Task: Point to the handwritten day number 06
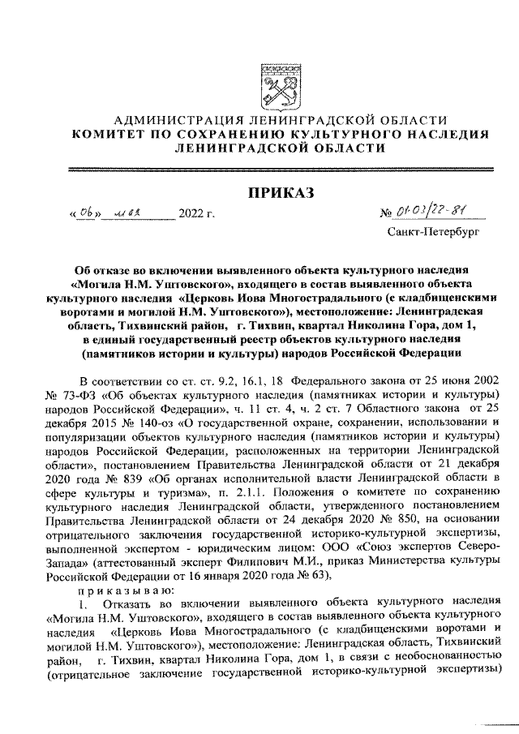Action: (x=86, y=213)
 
